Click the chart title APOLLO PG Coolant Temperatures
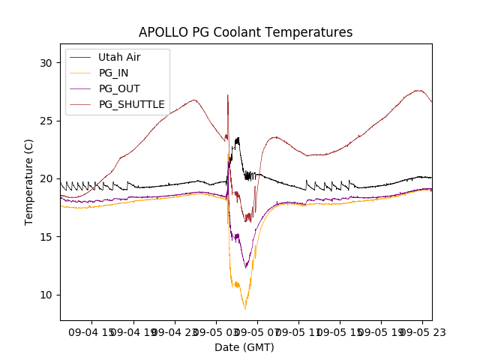click(x=245, y=32)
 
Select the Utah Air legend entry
click(x=119, y=57)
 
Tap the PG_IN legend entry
click(x=113, y=73)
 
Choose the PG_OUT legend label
click(x=119, y=88)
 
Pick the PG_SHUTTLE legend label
click(x=132, y=104)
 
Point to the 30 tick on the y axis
click(x=47, y=63)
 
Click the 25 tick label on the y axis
click(x=47, y=121)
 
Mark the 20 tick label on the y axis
click(x=47, y=178)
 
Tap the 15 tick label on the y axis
click(x=47, y=236)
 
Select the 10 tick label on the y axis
click(x=47, y=294)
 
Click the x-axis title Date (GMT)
click(x=244, y=347)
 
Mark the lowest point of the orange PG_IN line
click(x=245, y=308)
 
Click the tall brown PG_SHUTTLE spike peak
click(x=227, y=95)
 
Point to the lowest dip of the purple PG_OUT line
click(x=245, y=267)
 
